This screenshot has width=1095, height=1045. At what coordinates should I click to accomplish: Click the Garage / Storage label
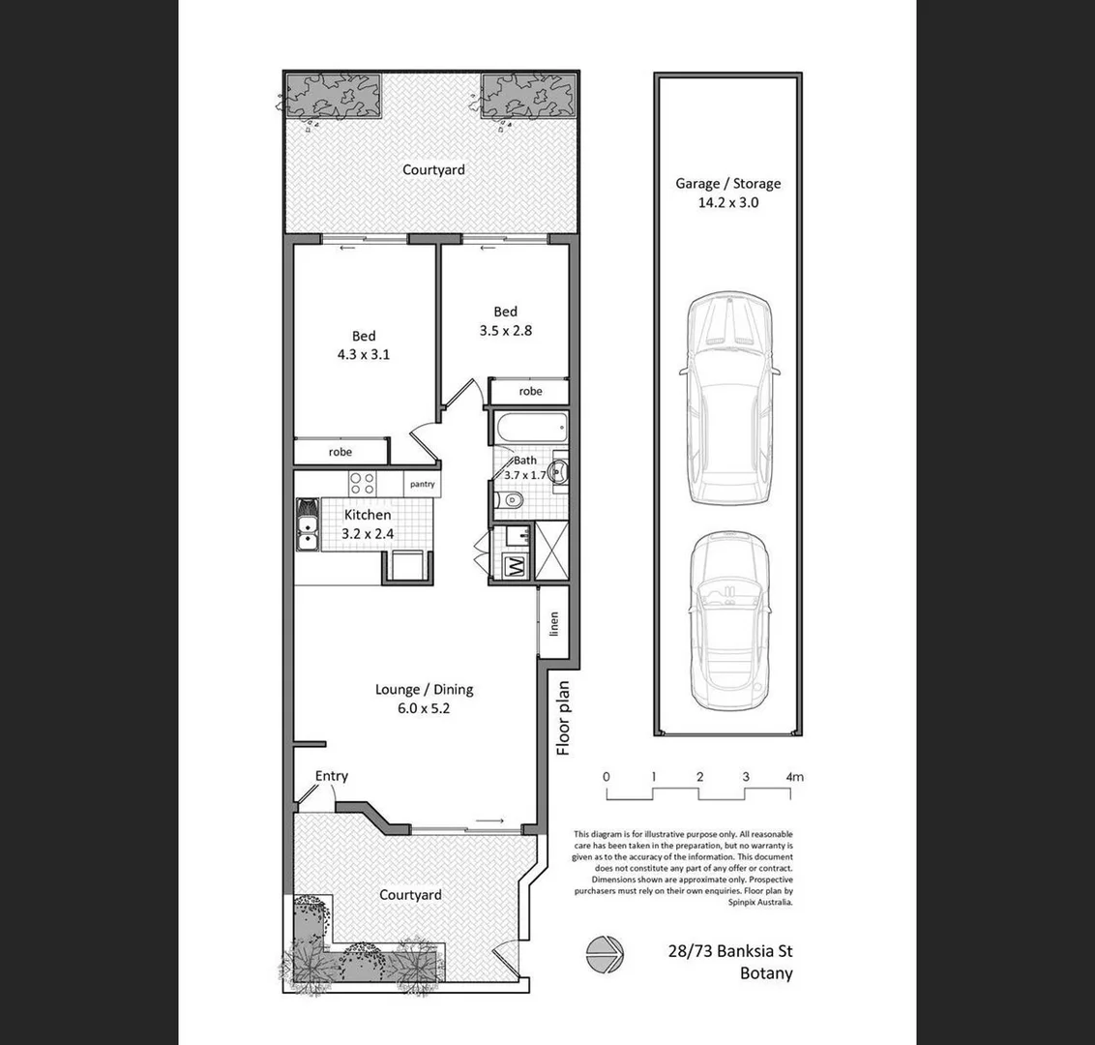pyautogui.click(x=727, y=183)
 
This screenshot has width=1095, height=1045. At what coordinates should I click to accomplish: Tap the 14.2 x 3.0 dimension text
pyautogui.click(x=727, y=203)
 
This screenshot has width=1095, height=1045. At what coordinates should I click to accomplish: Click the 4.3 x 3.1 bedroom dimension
pyautogui.click(x=363, y=354)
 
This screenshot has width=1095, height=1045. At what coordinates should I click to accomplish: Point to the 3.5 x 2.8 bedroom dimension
pyautogui.click(x=505, y=330)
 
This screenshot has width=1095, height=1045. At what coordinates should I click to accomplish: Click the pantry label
pyautogui.click(x=422, y=484)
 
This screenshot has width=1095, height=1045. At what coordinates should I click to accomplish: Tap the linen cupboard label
pyautogui.click(x=554, y=623)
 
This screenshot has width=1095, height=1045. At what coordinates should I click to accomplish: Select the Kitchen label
pyautogui.click(x=368, y=515)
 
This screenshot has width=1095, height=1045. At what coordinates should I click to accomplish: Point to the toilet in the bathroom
pyautogui.click(x=510, y=499)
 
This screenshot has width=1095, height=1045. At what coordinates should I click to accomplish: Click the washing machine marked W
pyautogui.click(x=515, y=566)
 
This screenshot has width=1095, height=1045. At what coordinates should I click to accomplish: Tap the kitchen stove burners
pyautogui.click(x=362, y=483)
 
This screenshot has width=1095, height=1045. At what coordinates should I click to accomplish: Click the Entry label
pyautogui.click(x=332, y=776)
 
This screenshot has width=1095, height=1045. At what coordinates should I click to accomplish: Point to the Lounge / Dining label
pyautogui.click(x=424, y=690)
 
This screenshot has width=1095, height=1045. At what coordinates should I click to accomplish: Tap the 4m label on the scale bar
pyautogui.click(x=795, y=776)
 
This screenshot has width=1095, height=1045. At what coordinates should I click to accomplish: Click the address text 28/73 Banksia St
pyautogui.click(x=729, y=952)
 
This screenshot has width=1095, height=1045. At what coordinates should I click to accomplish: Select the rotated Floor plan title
pyautogui.click(x=564, y=718)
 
